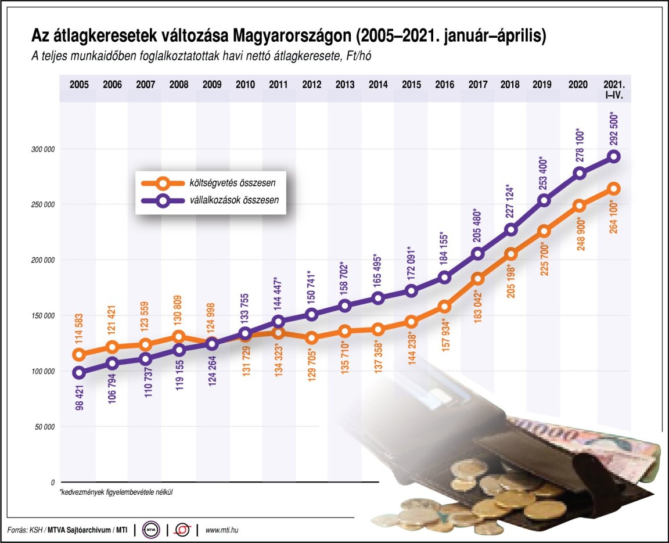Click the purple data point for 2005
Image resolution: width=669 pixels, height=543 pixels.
[x=79, y=373]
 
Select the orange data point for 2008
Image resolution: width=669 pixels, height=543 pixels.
[x=179, y=337]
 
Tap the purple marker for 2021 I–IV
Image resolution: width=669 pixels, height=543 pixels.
[x=614, y=156]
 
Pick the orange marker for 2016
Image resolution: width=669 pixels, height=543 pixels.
[x=444, y=307]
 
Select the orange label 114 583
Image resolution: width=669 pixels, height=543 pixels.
[x=79, y=330]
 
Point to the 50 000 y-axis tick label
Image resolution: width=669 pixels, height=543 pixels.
[x=42, y=427]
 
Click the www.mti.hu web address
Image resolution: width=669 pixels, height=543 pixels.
[x=223, y=530]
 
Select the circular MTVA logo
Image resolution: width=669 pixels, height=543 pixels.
[x=151, y=530]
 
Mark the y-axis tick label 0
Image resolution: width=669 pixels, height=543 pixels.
[x=52, y=483]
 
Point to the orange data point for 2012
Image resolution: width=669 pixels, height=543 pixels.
[x=311, y=337]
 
